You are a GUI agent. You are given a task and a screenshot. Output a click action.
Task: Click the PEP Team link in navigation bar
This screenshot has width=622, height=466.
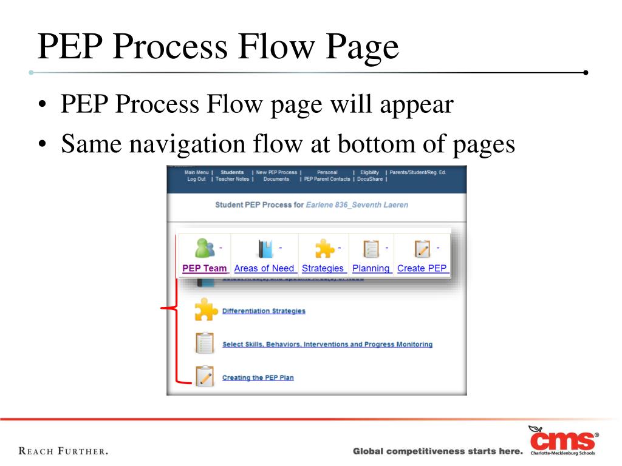point(205,268)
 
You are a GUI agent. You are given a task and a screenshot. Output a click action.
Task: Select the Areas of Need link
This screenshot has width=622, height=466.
point(264,268)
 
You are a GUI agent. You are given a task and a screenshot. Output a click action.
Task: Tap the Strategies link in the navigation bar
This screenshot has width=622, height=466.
point(323,268)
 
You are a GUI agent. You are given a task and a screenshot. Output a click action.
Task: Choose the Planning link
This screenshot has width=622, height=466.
point(371,268)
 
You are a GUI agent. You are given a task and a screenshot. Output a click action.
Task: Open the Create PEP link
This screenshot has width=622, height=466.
point(422,268)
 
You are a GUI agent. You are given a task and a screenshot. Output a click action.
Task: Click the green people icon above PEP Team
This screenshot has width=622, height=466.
point(205,248)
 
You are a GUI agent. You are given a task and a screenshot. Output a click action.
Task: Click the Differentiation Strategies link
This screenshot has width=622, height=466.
point(264,311)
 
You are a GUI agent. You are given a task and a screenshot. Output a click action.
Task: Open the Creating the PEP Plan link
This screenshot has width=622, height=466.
point(258,377)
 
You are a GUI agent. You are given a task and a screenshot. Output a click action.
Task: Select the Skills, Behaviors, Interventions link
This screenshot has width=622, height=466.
point(327,345)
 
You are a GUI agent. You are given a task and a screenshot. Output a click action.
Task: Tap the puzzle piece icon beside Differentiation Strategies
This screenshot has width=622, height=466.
point(205,310)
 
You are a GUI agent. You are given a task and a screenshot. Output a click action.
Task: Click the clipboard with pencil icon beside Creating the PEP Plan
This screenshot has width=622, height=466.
point(205,376)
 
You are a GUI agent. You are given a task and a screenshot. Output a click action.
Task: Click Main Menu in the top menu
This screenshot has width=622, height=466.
point(196,172)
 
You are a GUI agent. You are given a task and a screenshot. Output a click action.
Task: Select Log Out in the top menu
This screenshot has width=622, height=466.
point(196,180)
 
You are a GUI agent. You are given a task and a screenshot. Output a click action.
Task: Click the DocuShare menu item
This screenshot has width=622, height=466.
point(369,180)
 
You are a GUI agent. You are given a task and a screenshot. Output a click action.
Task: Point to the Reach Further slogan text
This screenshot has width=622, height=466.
point(64,451)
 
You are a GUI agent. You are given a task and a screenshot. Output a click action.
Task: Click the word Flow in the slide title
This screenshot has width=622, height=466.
point(276,47)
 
